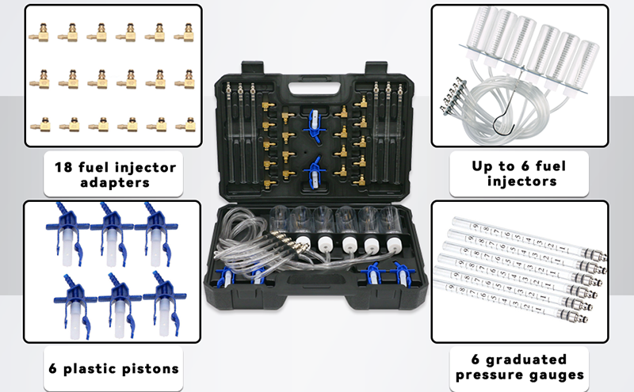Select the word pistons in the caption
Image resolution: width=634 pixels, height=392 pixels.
tap(149, 368)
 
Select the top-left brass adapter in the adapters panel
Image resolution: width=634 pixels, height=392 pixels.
tap(38, 33)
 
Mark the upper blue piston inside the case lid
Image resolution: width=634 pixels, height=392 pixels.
tap(312, 119)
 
